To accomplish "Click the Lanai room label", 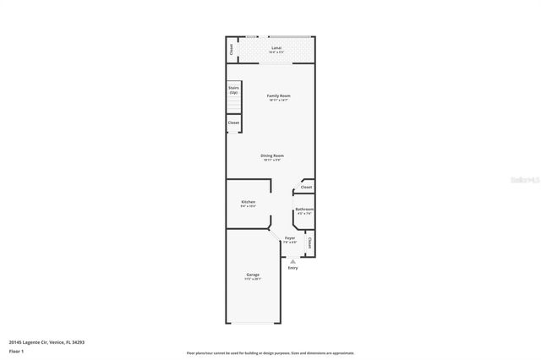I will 276,48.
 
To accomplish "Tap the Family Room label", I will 279,95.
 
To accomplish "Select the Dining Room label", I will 272,155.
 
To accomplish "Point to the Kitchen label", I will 249,202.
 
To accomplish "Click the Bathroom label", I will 304,210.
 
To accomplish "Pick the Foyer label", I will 290,239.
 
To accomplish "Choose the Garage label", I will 253,275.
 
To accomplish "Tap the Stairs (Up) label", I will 233,90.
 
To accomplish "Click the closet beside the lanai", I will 232,50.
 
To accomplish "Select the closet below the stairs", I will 233,123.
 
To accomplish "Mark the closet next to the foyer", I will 310,243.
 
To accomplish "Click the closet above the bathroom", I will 306,187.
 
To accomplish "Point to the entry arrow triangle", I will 292,261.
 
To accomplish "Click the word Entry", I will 292,268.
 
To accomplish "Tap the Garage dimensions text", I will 253,279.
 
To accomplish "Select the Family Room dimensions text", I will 279,101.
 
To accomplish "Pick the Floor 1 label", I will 16,351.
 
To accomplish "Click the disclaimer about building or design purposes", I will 270,352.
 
